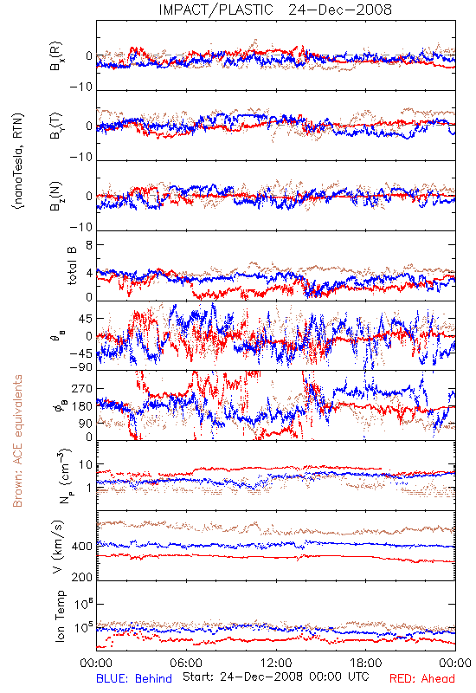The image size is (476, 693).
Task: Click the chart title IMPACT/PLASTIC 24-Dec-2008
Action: tap(275, 10)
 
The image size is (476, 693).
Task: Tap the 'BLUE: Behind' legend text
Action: tap(134, 678)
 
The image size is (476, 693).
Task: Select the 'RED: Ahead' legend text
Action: tap(421, 678)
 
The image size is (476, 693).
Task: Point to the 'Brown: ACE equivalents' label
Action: tap(17, 441)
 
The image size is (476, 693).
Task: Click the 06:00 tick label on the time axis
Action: tap(186, 663)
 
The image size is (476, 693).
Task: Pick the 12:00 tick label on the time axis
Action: tap(276, 663)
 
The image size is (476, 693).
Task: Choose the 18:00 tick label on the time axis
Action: tap(366, 663)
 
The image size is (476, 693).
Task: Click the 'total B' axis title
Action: tap(72, 266)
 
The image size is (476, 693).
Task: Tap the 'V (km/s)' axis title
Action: tap(58, 547)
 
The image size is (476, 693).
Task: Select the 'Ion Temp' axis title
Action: tap(60, 616)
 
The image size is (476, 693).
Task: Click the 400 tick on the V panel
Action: tap(82, 547)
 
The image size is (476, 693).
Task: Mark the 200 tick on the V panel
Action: tap(82, 577)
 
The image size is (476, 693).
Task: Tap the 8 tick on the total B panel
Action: tap(89, 245)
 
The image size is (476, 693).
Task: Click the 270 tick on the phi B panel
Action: tap(82, 388)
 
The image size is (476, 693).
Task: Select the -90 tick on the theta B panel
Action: tap(81, 367)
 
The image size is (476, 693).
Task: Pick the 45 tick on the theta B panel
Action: tap(86, 319)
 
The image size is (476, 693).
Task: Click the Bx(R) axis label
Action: tap(56, 56)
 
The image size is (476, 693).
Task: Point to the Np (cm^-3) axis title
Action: tap(64, 476)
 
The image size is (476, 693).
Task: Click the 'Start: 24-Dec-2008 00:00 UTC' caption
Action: tap(275, 677)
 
